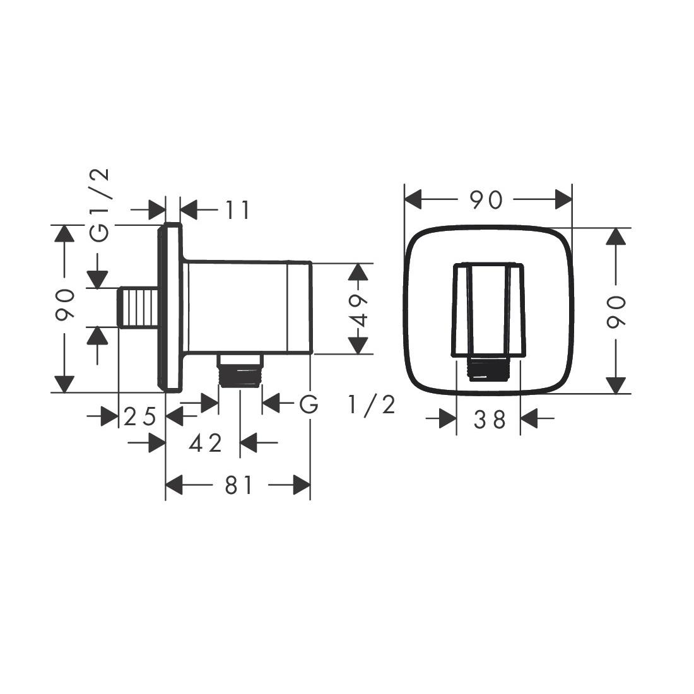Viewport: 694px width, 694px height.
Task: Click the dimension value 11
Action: [x=237, y=210]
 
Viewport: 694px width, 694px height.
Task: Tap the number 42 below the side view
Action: [x=206, y=444]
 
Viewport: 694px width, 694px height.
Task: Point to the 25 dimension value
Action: [x=139, y=417]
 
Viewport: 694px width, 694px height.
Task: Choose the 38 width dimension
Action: [x=490, y=419]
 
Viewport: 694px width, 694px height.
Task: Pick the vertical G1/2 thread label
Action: [x=100, y=205]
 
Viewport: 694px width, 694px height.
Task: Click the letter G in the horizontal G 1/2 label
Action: [x=309, y=404]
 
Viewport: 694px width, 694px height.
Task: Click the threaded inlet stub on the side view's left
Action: [x=138, y=308]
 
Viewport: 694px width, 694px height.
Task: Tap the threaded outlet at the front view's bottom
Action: [x=488, y=369]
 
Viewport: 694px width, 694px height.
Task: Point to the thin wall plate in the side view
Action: [x=171, y=308]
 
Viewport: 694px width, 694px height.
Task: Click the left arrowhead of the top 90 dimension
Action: [x=413, y=201]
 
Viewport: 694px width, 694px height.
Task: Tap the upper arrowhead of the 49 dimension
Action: [x=358, y=272]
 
